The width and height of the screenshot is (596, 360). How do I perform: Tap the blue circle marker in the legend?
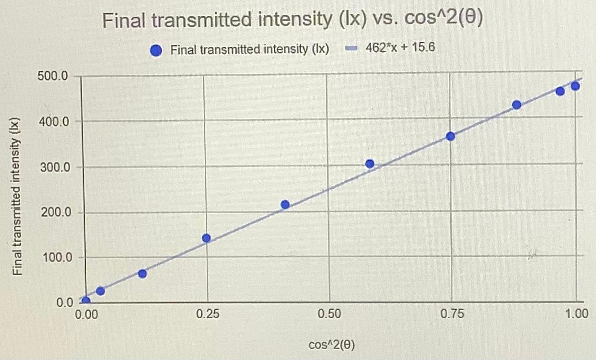(x=156, y=50)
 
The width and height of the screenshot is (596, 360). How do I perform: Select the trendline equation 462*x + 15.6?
(x=400, y=48)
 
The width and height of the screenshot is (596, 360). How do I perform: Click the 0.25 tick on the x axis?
(x=208, y=314)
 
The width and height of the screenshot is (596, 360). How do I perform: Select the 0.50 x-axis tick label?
(x=330, y=314)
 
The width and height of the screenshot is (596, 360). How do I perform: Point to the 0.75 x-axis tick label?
(x=452, y=314)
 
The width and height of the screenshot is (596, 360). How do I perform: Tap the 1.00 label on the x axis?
(x=576, y=314)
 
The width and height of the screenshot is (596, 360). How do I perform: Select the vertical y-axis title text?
(x=18, y=197)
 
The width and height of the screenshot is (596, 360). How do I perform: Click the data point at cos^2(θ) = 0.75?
(x=450, y=136)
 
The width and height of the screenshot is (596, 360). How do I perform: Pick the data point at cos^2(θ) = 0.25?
(x=206, y=238)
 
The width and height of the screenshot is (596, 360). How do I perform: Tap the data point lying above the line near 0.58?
(x=370, y=164)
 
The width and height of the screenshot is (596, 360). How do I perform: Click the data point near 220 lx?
(x=285, y=205)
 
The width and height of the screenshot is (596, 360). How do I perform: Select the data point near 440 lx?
(x=516, y=105)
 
